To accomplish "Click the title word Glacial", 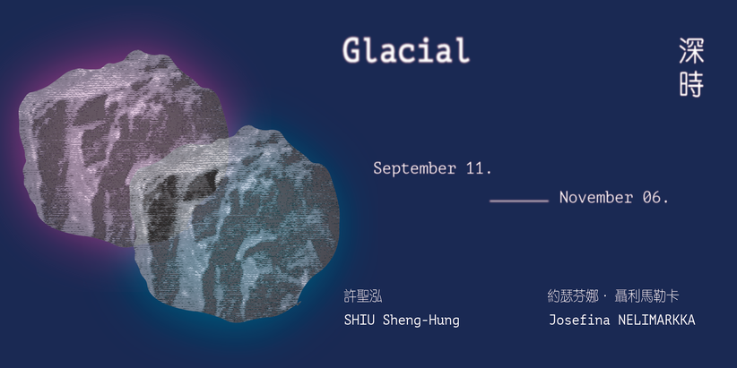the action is click(406, 50).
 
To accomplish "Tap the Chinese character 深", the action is click(691, 51).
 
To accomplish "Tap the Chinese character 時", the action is click(691, 84).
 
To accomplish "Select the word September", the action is click(414, 168).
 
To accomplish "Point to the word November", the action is click(596, 198).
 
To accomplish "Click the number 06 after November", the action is click(655, 198).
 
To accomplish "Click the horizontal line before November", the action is click(519, 201).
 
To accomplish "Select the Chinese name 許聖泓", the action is click(363, 296).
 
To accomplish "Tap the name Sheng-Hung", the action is click(421, 321).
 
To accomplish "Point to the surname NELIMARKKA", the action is click(656, 321).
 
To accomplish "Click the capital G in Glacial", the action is click(351, 50).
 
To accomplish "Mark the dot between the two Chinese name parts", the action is click(605, 296).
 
